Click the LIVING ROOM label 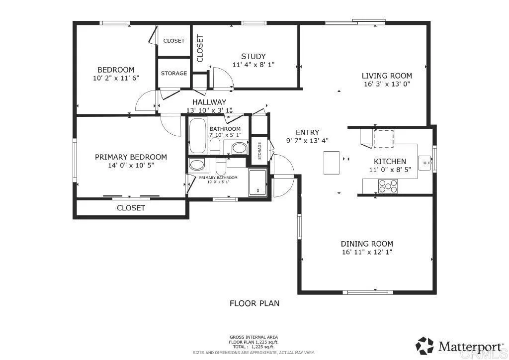click(386, 76)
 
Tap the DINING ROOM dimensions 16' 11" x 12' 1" click(367, 252)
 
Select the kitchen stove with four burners click(388, 186)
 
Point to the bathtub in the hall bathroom click(198, 136)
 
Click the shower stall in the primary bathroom click(257, 181)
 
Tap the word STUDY click(253, 56)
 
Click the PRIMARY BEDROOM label click(131, 157)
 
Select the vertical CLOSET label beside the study click(200, 48)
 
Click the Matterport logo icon click(424, 345)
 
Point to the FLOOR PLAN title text click(254, 303)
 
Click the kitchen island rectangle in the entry click(332, 163)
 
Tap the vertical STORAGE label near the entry click(259, 151)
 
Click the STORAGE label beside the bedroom click(173, 74)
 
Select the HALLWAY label click(209, 102)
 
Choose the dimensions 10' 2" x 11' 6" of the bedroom click(115, 78)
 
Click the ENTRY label click(307, 132)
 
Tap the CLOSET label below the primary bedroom click(131, 208)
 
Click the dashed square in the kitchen click(383, 139)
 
